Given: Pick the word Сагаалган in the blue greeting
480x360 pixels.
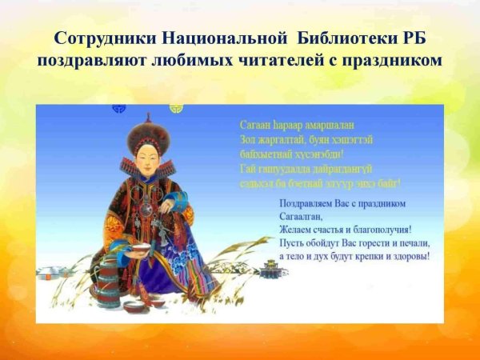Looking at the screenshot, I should tap(302, 216).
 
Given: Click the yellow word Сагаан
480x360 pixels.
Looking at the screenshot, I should tap(256, 126).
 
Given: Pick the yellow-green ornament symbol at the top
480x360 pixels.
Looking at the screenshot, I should tap(177, 107).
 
